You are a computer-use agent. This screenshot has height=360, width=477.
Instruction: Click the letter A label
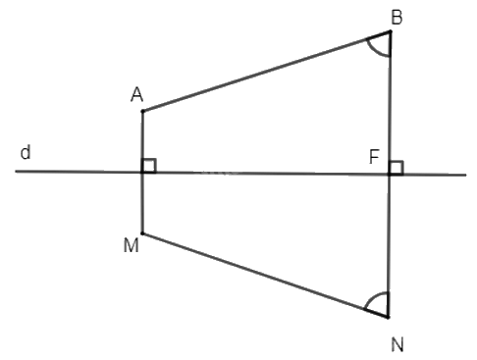[137, 94]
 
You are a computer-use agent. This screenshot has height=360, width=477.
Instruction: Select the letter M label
[130, 245]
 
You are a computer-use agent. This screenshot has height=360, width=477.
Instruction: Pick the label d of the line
[26, 153]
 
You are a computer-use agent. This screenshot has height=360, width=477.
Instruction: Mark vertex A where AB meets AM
[142, 111]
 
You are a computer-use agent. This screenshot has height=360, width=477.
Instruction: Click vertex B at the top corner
[391, 31]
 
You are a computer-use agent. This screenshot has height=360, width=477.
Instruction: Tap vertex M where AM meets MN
[142, 233]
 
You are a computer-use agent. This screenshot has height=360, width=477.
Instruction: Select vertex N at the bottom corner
[389, 318]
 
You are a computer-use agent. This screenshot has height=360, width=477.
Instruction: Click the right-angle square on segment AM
[149, 166]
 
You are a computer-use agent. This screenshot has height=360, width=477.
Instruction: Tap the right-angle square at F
[396, 167]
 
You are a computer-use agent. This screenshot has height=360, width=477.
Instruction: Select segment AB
[265, 72]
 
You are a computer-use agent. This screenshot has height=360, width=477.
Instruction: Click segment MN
[265, 276]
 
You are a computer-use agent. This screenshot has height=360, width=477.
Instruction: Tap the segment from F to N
[389, 245]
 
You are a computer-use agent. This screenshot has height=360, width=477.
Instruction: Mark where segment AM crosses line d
[142, 173]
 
